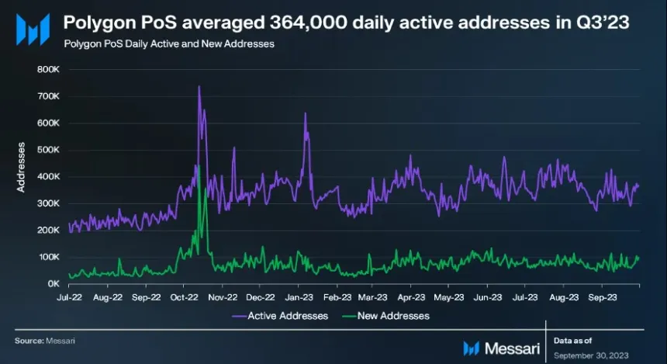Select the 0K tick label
pos(53,284)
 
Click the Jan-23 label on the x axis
pos(298,296)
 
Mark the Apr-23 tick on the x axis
pos(411,296)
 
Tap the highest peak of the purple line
pos(199,86)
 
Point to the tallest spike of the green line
pos(198,165)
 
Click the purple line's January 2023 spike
pos(305,114)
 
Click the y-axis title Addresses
pos(22,167)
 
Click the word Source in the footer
pos(28,340)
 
